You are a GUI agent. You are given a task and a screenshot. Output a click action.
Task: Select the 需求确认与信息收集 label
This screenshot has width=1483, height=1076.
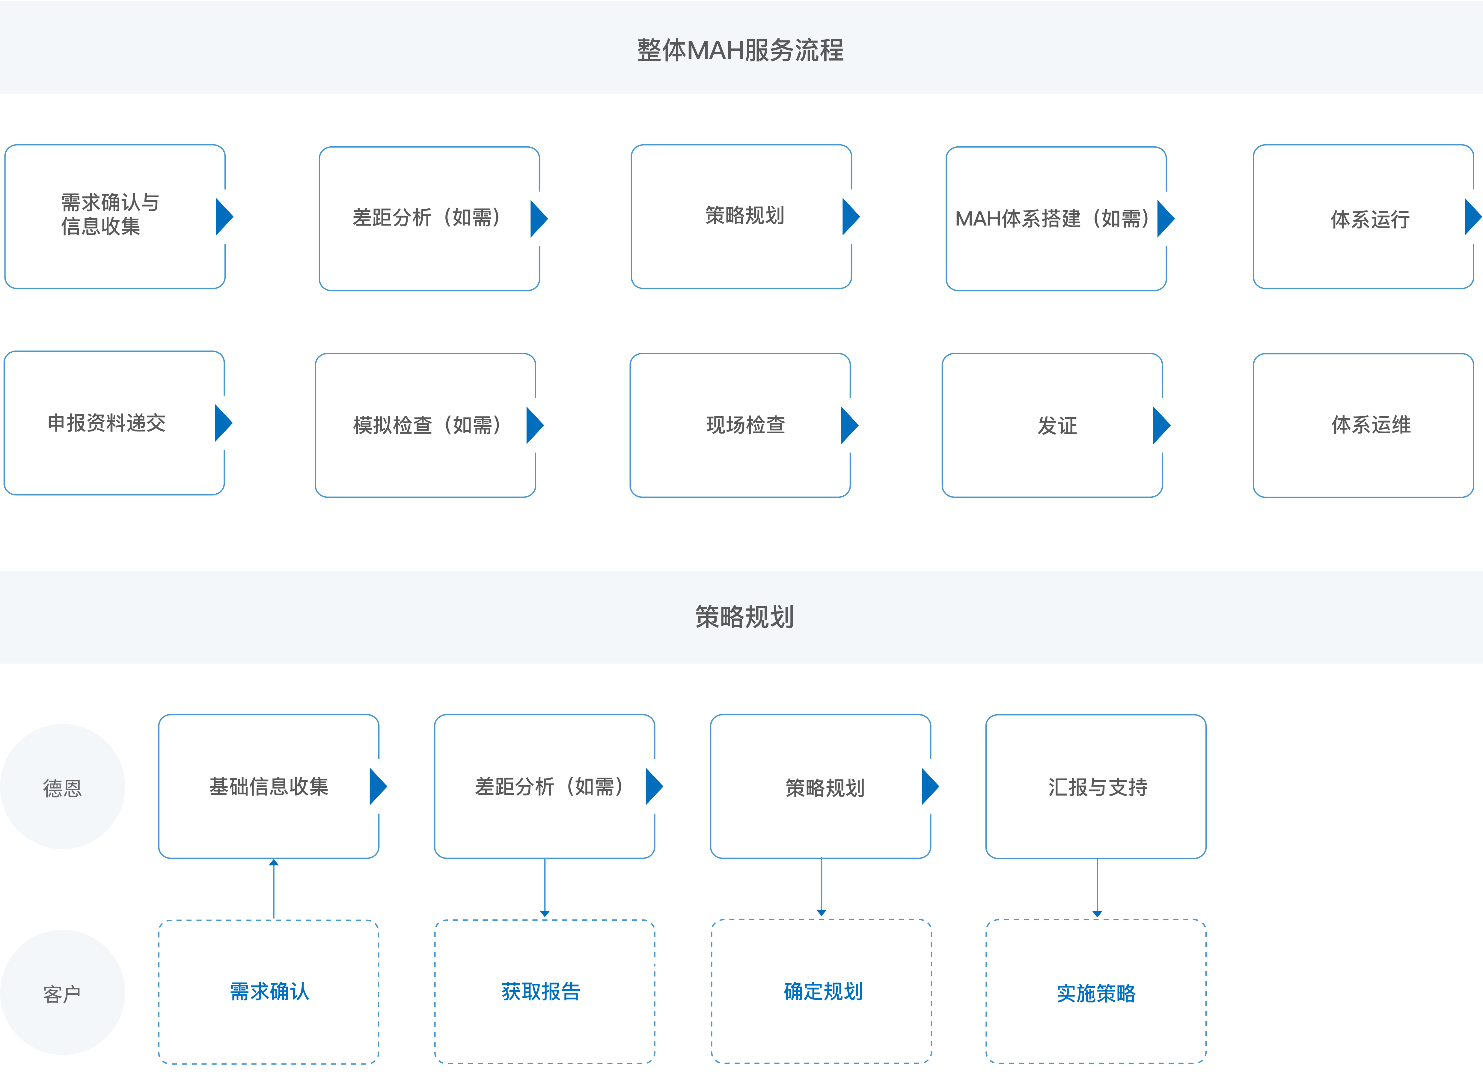110,214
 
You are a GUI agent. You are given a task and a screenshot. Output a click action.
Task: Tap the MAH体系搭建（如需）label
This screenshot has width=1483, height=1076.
1051,219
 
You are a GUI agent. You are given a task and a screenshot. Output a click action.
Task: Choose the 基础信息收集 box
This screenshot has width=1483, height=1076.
268,786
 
